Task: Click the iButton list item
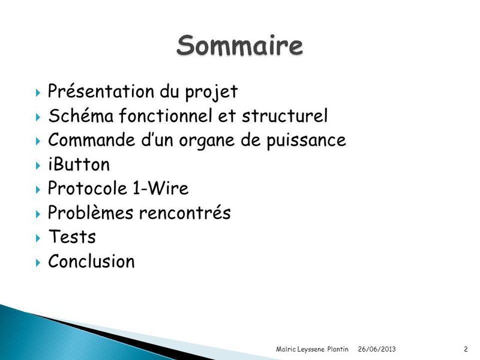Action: (x=79, y=164)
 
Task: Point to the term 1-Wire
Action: (x=161, y=189)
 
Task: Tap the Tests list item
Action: (x=71, y=237)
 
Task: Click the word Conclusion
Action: (x=91, y=262)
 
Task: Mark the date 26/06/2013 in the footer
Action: (x=377, y=349)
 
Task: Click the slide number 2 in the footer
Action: (x=466, y=349)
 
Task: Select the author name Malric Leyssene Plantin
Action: (x=312, y=349)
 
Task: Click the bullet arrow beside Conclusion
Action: (x=38, y=262)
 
